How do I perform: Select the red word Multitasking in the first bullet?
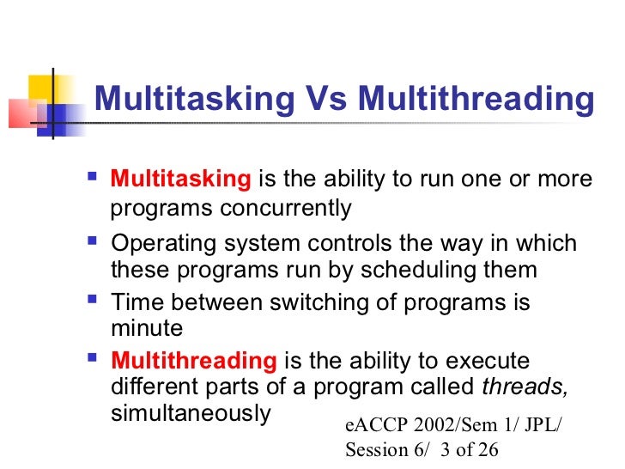point(181,180)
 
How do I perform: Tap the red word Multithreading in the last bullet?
point(194,361)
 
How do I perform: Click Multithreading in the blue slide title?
point(475,100)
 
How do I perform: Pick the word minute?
point(147,327)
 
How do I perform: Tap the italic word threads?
point(525,386)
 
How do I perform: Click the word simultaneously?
point(191,411)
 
